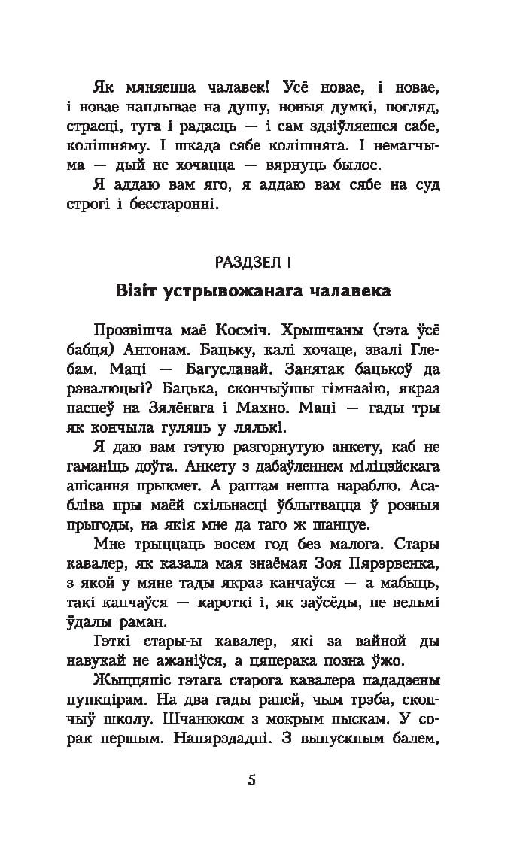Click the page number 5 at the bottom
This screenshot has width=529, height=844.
point(251,779)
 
